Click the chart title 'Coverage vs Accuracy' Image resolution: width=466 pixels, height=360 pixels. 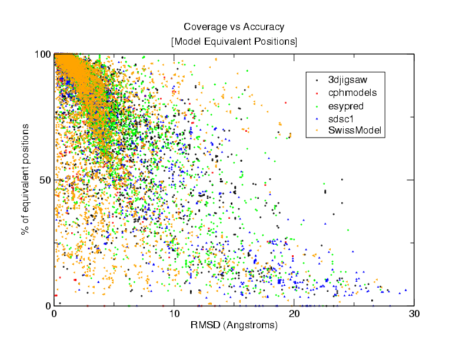click(234, 27)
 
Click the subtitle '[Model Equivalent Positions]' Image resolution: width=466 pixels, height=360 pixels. click(234, 42)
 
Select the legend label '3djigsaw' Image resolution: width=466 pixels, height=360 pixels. click(348, 78)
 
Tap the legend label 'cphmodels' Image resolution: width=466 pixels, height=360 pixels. click(352, 92)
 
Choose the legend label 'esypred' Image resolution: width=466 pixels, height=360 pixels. click(346, 106)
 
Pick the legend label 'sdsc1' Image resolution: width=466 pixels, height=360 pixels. click(341, 120)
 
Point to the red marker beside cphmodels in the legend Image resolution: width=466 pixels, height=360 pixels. click(317, 93)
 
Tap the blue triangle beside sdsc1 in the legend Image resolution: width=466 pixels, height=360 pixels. click(317, 121)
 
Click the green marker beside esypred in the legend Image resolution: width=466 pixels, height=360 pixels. click(317, 107)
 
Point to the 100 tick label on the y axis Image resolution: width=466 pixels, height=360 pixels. click(42, 54)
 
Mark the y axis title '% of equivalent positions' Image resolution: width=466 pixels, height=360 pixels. click(25, 180)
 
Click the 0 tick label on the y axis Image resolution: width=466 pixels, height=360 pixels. click(47, 306)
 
